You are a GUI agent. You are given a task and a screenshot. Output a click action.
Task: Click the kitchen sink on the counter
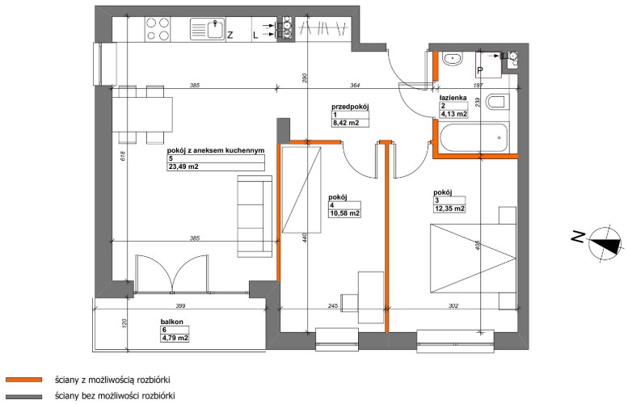208,29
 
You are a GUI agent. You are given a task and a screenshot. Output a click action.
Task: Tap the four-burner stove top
158,29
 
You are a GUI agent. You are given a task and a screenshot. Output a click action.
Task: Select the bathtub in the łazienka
474,137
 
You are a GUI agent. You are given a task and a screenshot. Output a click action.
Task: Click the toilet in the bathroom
497,102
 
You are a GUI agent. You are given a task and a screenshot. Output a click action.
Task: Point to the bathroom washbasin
453,59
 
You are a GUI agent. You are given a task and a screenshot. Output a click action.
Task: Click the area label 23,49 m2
183,166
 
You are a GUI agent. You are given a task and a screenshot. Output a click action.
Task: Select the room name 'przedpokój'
350,107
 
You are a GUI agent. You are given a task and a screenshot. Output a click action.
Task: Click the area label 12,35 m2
449,208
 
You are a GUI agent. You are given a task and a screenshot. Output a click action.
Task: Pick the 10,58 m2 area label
344,213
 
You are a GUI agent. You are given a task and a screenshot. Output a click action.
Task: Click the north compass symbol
603,245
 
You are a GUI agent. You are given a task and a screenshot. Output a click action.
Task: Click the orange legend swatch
23,379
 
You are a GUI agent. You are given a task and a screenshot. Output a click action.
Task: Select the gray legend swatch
23,397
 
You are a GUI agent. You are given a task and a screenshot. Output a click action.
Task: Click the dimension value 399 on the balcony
180,306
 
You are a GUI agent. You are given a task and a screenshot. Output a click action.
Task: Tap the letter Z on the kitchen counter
230,36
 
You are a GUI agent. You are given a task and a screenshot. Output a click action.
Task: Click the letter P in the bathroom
480,71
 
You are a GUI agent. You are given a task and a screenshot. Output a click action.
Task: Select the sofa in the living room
255,216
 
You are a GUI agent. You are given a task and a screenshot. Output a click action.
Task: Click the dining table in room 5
142,115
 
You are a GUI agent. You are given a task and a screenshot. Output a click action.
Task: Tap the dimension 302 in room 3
453,306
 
